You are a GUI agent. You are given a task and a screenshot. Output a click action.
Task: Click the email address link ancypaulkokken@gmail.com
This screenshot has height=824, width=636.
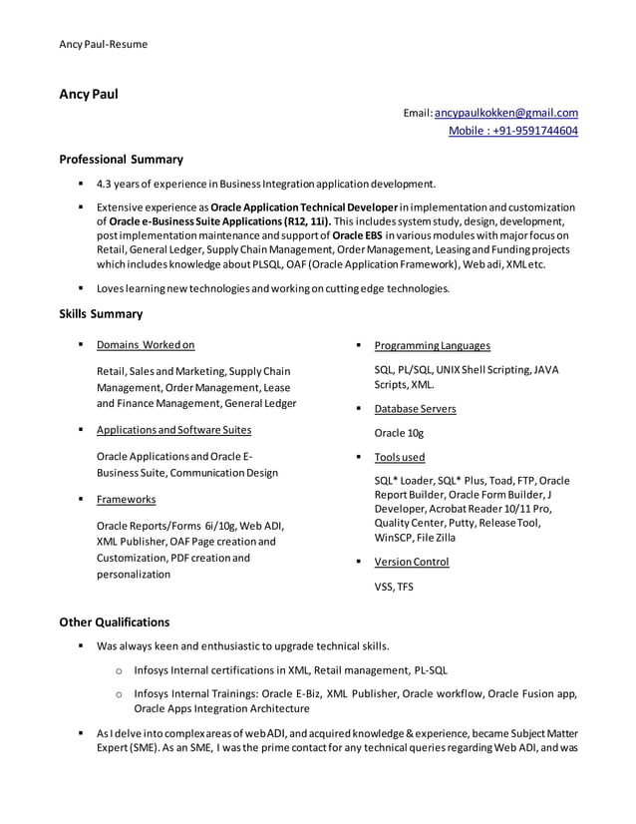tap(505, 113)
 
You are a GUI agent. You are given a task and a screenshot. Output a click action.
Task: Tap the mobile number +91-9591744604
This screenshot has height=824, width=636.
tap(512, 131)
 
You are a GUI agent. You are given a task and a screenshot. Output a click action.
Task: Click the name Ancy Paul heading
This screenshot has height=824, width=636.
tap(89, 95)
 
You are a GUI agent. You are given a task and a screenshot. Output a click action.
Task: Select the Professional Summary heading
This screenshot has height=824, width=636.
tap(121, 159)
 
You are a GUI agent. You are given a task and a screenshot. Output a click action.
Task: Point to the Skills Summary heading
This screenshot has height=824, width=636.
tap(101, 314)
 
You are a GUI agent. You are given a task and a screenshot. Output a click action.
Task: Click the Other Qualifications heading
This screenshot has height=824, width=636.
tap(114, 621)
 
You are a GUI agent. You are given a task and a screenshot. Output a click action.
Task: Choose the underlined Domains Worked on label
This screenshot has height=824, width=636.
tap(146, 345)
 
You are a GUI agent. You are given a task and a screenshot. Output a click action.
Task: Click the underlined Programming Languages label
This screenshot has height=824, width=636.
tap(432, 345)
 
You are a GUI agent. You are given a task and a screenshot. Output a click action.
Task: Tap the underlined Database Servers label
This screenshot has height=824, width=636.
tap(415, 409)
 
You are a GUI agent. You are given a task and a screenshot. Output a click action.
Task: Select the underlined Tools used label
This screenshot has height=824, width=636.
tap(399, 457)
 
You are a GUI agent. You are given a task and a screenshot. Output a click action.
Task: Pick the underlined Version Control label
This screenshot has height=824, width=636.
tap(411, 562)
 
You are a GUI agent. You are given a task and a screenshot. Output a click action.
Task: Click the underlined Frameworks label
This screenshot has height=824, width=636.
tap(126, 499)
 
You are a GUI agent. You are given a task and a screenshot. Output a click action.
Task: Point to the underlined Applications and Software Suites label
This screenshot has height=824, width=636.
tap(173, 430)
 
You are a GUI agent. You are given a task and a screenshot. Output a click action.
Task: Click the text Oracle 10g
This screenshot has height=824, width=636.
tap(399, 433)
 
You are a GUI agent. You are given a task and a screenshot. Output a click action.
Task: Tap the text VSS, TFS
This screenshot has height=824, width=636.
tap(393, 587)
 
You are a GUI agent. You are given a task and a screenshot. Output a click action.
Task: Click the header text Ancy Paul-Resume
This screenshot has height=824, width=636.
tap(103, 44)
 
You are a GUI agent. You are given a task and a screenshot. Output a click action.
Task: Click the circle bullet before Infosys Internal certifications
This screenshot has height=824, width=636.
tap(119, 670)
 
